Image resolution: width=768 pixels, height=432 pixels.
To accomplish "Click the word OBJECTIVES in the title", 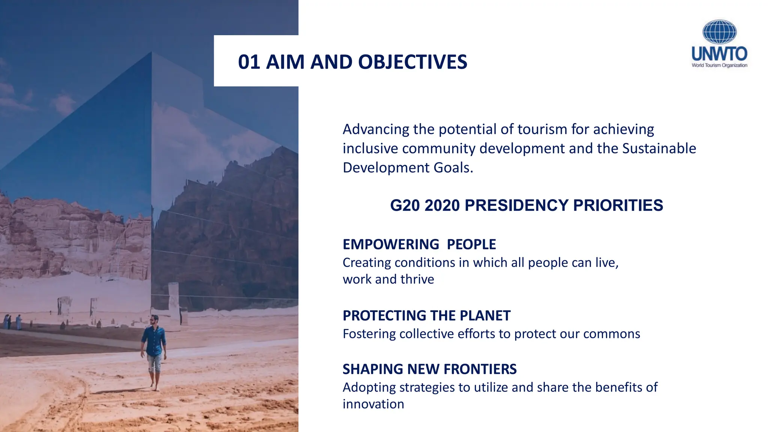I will [412, 62].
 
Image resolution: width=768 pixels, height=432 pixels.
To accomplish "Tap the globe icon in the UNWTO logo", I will [719, 32].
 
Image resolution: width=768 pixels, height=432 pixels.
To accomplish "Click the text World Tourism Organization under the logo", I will [719, 65].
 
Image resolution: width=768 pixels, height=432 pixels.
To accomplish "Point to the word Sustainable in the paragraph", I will [659, 148].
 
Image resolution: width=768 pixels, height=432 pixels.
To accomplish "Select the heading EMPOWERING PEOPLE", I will [419, 244].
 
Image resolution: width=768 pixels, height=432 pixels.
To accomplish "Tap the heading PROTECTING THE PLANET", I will [426, 316].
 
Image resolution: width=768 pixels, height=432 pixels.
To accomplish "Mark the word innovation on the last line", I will [373, 404].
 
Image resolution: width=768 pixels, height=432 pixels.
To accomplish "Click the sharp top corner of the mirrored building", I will [152, 52].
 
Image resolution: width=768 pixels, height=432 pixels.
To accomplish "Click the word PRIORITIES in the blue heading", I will [618, 205].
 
